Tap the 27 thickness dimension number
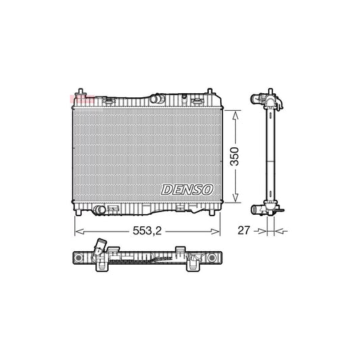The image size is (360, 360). point(244,231)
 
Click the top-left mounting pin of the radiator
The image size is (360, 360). point(81,92)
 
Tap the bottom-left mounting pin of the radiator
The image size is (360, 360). point(81,212)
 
